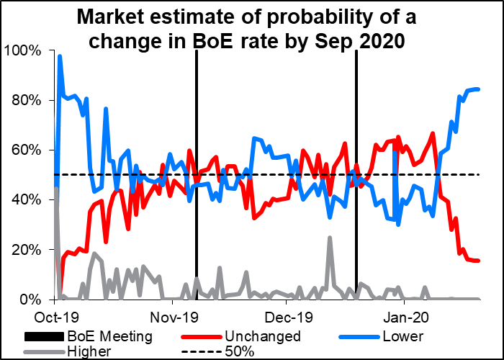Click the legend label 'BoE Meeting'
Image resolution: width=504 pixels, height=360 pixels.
click(x=109, y=336)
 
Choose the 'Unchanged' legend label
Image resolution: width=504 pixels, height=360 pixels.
click(x=262, y=336)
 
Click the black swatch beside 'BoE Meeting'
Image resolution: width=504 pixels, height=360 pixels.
click(x=45, y=336)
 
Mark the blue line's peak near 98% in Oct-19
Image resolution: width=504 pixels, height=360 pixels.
click(x=59, y=55)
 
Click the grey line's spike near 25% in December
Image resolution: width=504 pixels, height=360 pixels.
click(x=330, y=237)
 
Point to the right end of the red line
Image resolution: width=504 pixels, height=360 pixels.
click(x=480, y=261)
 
